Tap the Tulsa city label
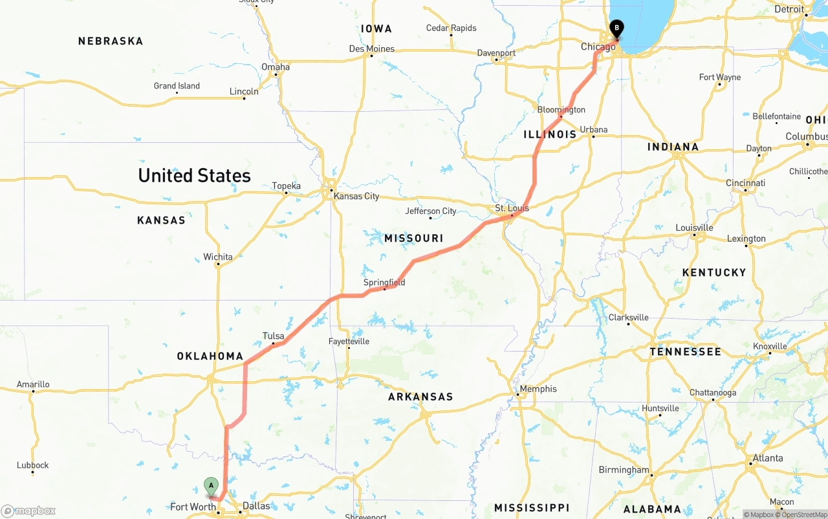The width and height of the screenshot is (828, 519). pyautogui.click(x=273, y=335)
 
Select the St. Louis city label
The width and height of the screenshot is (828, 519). pyautogui.click(x=512, y=208)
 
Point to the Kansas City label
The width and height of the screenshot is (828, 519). pyautogui.click(x=356, y=196)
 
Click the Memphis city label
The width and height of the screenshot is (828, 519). pyautogui.click(x=538, y=388)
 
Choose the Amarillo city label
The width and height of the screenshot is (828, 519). pyautogui.click(x=33, y=384)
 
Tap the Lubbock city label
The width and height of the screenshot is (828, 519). pyautogui.click(x=33, y=465)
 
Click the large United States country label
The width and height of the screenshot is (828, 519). pyautogui.click(x=194, y=175)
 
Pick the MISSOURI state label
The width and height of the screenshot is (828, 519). pyautogui.click(x=414, y=238)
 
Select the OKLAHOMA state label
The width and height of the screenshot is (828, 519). pyautogui.click(x=210, y=356)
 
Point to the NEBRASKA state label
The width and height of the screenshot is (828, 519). pyautogui.click(x=111, y=41)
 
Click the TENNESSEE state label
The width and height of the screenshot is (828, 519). pyautogui.click(x=685, y=352)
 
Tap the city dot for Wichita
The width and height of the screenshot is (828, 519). pyautogui.click(x=218, y=265)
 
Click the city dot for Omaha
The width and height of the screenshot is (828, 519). pyautogui.click(x=276, y=74)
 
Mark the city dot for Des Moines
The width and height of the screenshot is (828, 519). pyautogui.click(x=371, y=56)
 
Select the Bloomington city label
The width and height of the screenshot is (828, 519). pyautogui.click(x=561, y=109)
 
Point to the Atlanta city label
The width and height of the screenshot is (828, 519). pyautogui.click(x=767, y=458)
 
